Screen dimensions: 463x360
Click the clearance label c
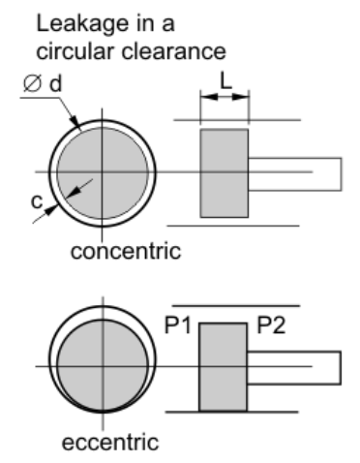point(35,201)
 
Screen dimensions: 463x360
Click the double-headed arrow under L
point(225,98)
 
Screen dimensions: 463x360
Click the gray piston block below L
point(225,172)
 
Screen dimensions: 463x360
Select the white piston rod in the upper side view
point(295,172)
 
